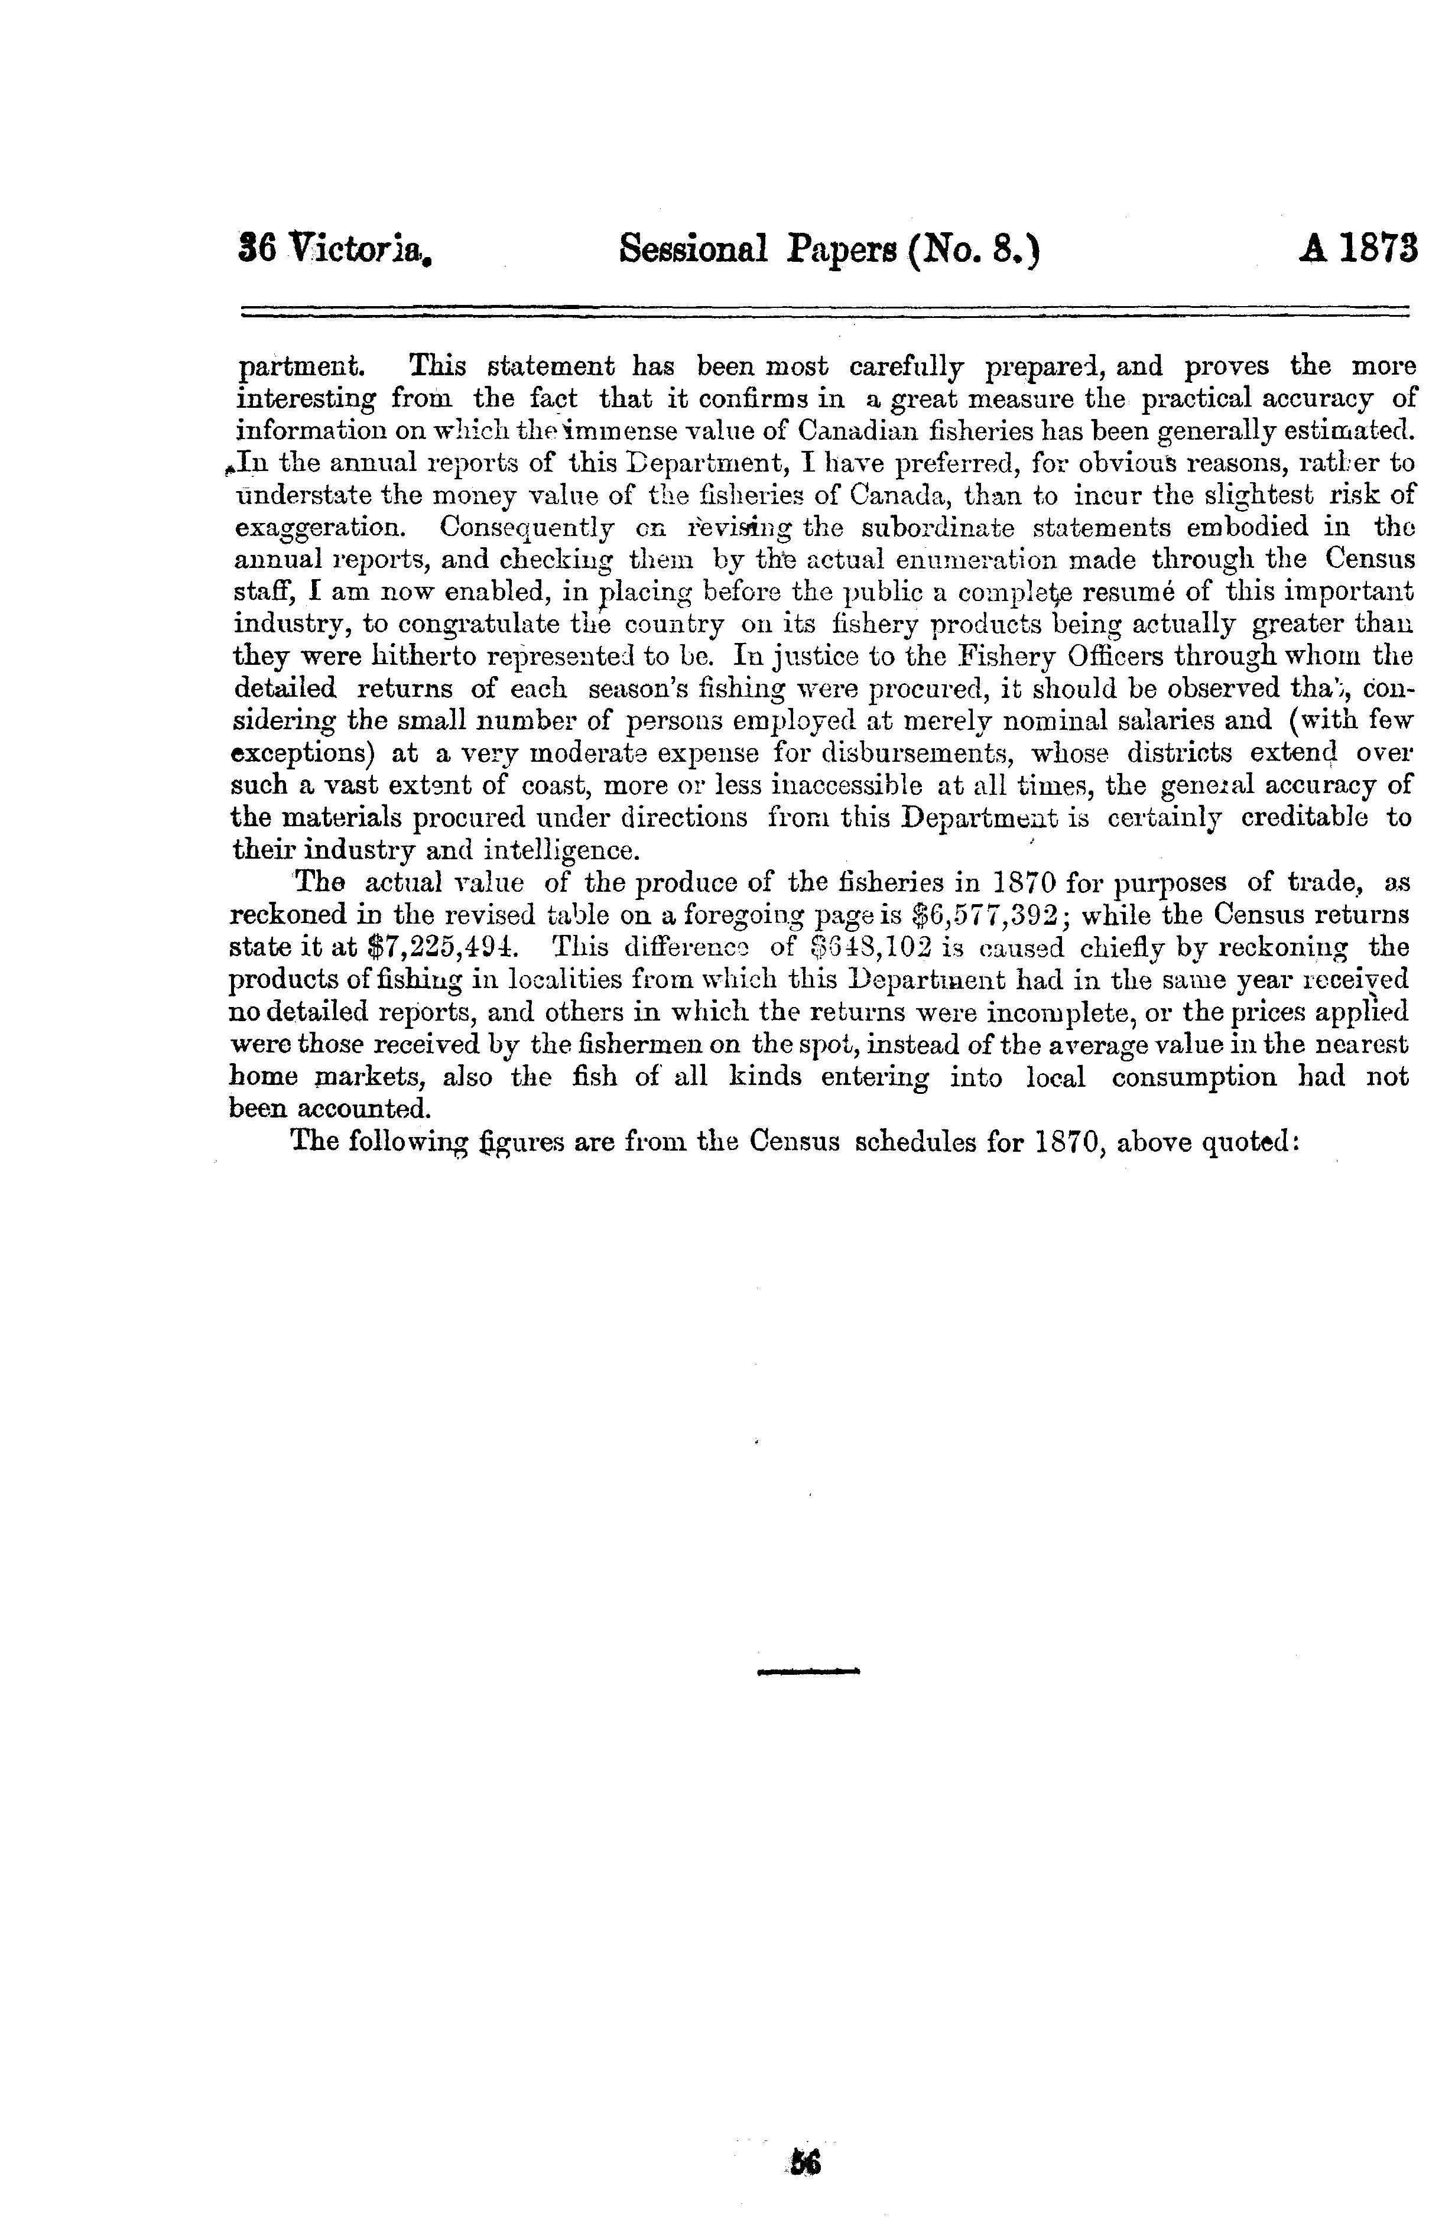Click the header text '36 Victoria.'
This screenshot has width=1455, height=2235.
pyautogui.click(x=334, y=251)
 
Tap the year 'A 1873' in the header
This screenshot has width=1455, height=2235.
pyautogui.click(x=1357, y=251)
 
